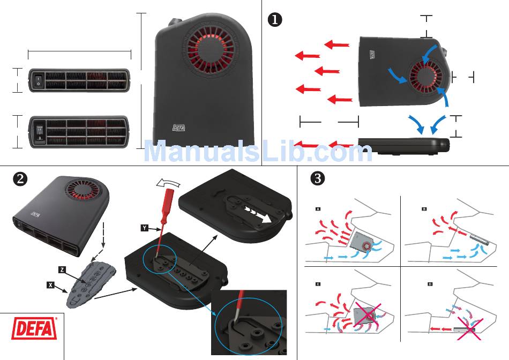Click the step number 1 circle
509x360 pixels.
coord(275,20)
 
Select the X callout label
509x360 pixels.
coord(50,285)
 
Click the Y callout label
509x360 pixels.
coord(145,228)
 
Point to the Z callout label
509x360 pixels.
coord(62,269)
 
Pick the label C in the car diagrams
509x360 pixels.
coord(318,283)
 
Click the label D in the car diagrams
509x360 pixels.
coord(430,283)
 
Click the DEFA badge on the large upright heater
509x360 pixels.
coord(178,128)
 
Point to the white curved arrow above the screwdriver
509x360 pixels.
coord(164,184)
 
